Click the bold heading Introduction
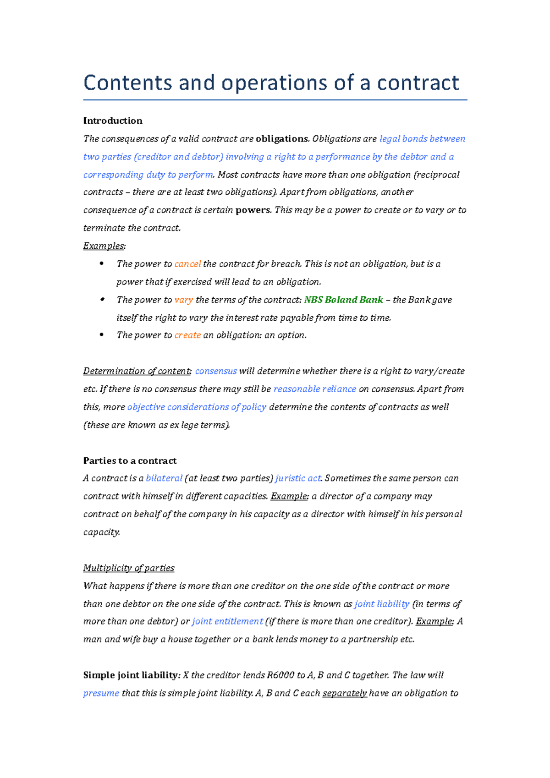pos(113,121)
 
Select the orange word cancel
pos(187,264)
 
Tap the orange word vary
pos(183,300)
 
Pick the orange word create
pos(187,335)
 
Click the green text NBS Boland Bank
pos(343,300)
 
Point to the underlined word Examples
pos(104,246)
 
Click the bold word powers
pos(253,210)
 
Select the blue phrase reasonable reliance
pos(314,389)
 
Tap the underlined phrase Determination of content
pos(137,371)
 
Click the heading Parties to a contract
pos(130,460)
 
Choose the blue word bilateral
pos(164,478)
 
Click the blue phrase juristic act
pos(298,478)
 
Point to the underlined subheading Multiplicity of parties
pos(129,568)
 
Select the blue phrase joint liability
pos(382,604)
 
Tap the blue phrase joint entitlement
pos(227,621)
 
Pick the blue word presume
pos(101,693)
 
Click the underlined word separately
pos(344,693)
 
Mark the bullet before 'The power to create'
pos(102,335)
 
